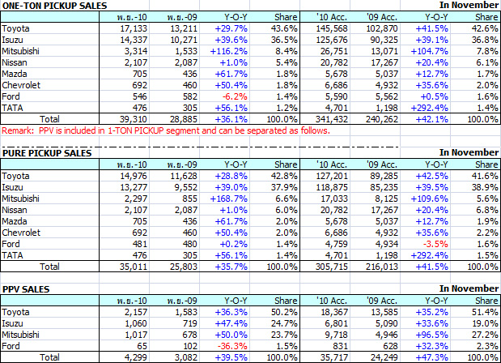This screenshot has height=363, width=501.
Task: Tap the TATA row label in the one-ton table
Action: click(14, 106)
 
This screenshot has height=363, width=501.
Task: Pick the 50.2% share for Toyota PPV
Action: click(283, 311)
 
